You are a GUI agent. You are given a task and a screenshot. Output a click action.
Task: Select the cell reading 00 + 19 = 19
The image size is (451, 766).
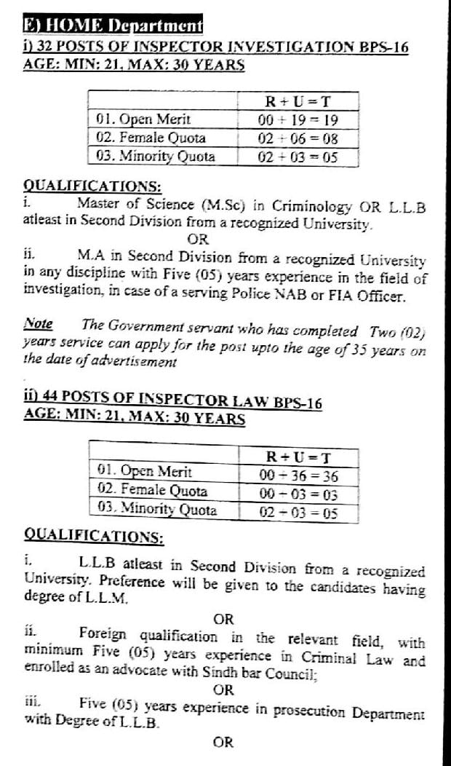pos(298,119)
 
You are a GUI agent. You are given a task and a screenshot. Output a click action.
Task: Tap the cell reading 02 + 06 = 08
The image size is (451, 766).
pos(298,138)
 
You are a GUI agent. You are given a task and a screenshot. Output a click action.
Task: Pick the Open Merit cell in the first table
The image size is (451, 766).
pos(143,119)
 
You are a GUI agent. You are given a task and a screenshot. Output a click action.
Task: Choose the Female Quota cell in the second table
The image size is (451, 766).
pos(152,491)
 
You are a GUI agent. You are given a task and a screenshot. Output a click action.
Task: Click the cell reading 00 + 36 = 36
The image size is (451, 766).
pos(299,476)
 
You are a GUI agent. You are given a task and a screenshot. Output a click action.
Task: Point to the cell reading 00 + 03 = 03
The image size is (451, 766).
pos(299,494)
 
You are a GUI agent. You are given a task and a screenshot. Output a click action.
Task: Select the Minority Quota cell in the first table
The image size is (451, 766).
pos(156,156)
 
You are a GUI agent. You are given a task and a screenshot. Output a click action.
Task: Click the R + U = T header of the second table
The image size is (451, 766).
pos(299,458)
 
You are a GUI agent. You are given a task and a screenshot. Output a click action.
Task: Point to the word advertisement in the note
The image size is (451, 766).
pos(133,360)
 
